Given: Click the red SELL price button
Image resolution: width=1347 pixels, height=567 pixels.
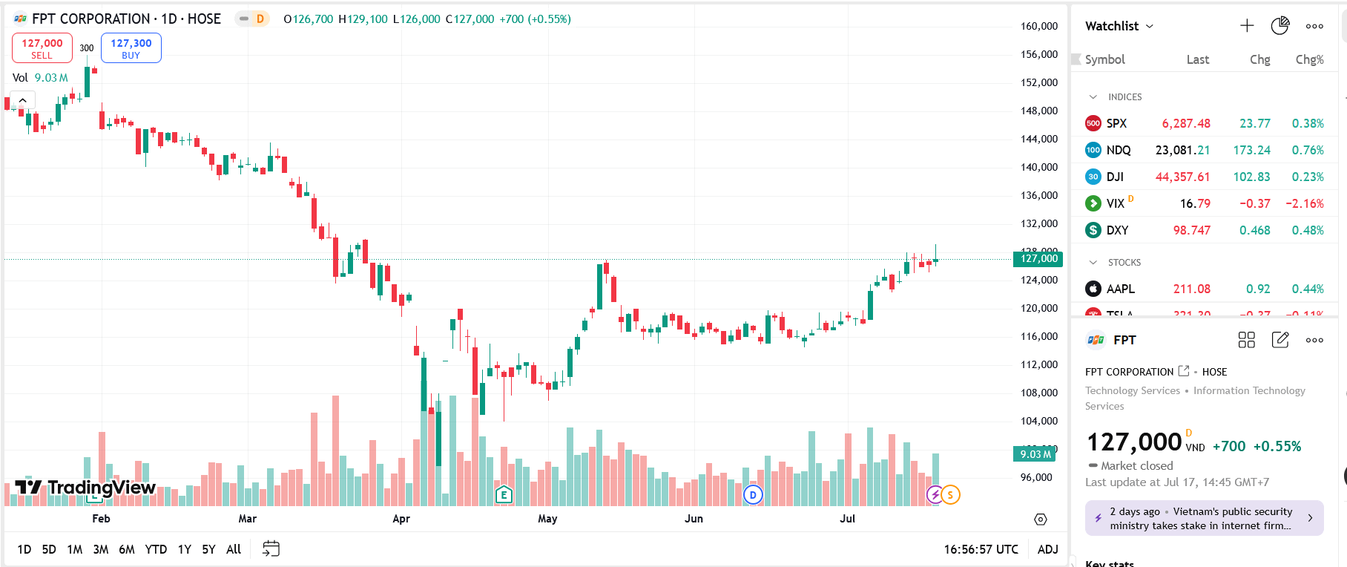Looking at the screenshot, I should pyautogui.click(x=42, y=48).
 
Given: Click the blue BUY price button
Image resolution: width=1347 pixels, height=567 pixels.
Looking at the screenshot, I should pyautogui.click(x=131, y=48).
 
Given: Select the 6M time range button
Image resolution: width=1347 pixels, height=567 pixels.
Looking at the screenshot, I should pyautogui.click(x=127, y=549).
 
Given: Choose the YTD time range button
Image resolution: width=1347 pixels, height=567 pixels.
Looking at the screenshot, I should pyautogui.click(x=156, y=549).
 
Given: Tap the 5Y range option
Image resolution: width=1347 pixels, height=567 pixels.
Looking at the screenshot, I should pyautogui.click(x=208, y=549).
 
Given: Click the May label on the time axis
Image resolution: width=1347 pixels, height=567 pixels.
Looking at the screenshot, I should pyautogui.click(x=547, y=519).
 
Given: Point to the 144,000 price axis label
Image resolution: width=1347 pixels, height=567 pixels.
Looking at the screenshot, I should pyautogui.click(x=1039, y=139).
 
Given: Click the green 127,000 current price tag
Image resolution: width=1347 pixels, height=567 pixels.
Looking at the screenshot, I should pyautogui.click(x=1038, y=259).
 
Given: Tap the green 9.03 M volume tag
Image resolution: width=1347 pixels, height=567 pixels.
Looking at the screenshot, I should pyautogui.click(x=1035, y=454).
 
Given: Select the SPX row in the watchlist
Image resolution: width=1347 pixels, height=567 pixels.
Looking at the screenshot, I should pyautogui.click(x=1116, y=123).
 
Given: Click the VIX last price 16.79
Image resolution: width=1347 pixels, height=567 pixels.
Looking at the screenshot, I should pyautogui.click(x=1195, y=203).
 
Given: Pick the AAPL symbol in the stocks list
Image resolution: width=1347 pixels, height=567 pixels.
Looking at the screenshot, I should pyautogui.click(x=1120, y=289).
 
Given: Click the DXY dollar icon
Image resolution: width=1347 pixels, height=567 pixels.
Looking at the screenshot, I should pyautogui.click(x=1093, y=230).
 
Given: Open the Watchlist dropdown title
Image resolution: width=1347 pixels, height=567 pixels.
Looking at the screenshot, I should pyautogui.click(x=1119, y=26).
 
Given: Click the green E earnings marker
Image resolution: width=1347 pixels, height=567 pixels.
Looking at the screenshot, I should pyautogui.click(x=504, y=494).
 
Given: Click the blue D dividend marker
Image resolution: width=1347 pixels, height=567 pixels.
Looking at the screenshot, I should pyautogui.click(x=753, y=495).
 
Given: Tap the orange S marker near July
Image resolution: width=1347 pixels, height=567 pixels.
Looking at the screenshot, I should pyautogui.click(x=950, y=495).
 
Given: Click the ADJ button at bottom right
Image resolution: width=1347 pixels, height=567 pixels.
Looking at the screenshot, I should pyautogui.click(x=1047, y=549).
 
